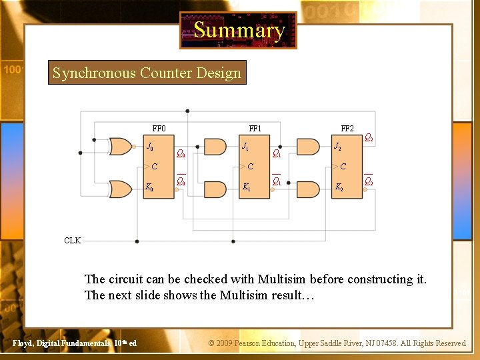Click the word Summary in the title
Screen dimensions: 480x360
pos(239,30)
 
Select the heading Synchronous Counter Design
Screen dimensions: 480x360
pos(147,73)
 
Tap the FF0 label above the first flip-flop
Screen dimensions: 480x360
pos(159,129)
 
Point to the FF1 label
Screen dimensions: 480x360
pos(255,129)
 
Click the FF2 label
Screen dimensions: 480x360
pos(347,129)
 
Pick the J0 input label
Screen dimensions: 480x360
pos(151,147)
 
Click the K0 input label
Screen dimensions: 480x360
pos(149,188)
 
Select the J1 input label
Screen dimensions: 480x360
pos(246,147)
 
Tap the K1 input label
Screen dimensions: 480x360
pos(247,188)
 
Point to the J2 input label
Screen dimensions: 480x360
pos(338,147)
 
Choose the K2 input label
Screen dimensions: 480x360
pos(339,188)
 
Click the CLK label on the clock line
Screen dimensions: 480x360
pos(72,241)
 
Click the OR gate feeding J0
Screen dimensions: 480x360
pos(120,147)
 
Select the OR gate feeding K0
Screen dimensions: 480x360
pos(120,189)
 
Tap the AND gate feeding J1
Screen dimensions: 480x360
pos(215,147)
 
